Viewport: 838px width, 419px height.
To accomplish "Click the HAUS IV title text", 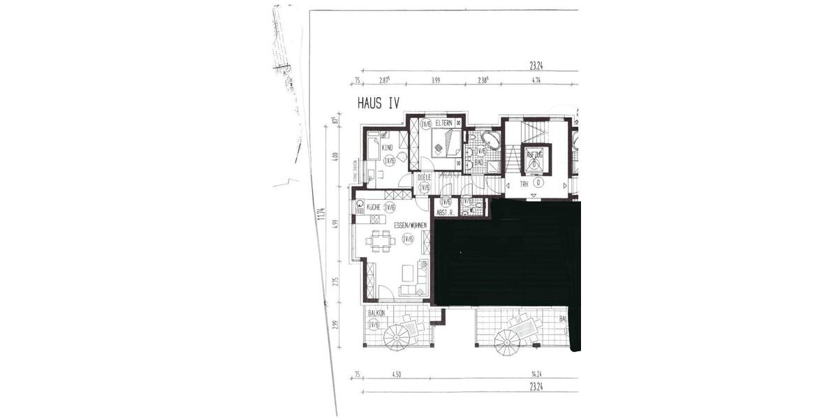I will pos(378,103).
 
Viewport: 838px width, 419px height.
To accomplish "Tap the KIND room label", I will pos(387,147).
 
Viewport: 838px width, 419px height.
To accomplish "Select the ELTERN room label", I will pos(445,124).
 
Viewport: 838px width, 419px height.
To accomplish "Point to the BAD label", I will pos(479,163).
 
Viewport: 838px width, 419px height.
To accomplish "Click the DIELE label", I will pos(425,177).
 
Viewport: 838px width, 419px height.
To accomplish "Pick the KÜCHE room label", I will pos(373,207).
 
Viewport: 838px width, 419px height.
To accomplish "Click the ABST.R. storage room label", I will pos(445,212).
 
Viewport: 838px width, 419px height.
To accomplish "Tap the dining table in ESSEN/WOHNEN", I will pos(380,241).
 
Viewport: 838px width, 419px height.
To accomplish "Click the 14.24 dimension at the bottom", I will pos(538,374).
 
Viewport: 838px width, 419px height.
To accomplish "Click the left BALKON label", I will pos(376,314).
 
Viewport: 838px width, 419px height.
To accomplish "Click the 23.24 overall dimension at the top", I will pos(536,67).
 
